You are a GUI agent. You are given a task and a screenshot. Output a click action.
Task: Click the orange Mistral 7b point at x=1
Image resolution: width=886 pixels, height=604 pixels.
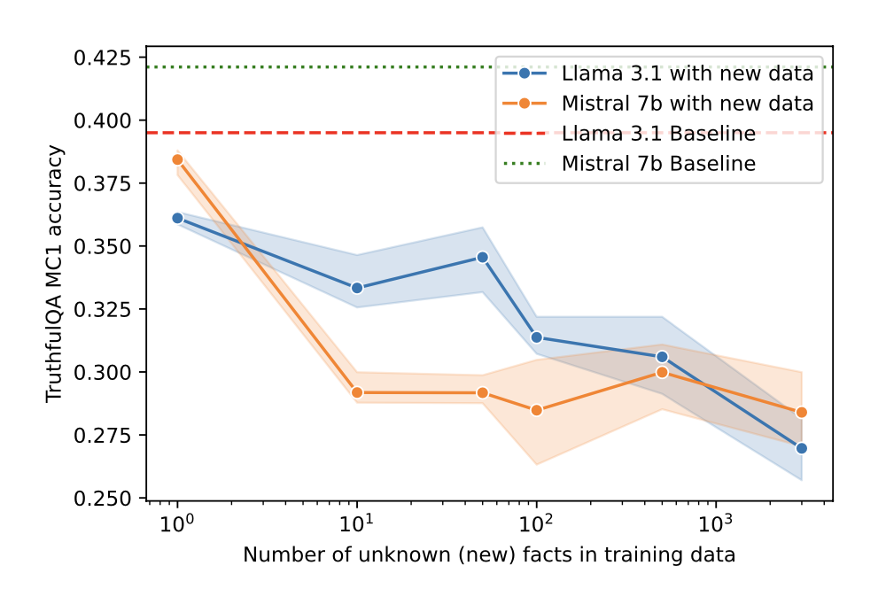point(177,159)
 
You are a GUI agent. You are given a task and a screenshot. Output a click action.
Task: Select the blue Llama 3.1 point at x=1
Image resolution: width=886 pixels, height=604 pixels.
point(177,218)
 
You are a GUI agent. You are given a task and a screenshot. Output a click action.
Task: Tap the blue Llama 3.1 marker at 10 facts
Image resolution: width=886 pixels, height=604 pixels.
point(356,288)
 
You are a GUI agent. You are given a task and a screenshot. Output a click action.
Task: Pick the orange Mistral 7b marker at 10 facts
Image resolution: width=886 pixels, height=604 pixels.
point(356,392)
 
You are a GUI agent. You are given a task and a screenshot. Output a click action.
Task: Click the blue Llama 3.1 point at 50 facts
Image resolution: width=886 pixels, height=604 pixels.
point(482,257)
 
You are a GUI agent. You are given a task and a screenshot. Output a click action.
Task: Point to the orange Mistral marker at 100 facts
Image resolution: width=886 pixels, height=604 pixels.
point(536,410)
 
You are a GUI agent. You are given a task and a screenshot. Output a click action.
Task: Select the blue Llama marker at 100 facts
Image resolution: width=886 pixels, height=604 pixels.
point(536,337)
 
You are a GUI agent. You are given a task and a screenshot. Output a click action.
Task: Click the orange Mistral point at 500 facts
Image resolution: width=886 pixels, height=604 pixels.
point(662,372)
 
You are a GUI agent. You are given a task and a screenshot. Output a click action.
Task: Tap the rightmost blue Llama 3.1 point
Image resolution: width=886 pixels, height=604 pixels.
point(801,448)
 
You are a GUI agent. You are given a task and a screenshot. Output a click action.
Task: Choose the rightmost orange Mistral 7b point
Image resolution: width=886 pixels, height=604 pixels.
point(801,412)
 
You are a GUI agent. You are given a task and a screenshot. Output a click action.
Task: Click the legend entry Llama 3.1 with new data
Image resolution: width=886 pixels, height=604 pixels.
point(688,74)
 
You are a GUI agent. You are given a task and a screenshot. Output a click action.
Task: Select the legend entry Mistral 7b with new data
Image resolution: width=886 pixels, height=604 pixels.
point(688,104)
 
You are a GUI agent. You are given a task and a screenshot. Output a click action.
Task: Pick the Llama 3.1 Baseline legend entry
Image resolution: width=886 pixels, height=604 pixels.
point(658,134)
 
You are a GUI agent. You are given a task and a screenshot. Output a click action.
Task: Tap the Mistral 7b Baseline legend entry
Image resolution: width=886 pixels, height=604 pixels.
point(658,164)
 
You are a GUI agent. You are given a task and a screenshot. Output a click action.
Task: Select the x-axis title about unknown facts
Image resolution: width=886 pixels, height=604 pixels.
point(489,555)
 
